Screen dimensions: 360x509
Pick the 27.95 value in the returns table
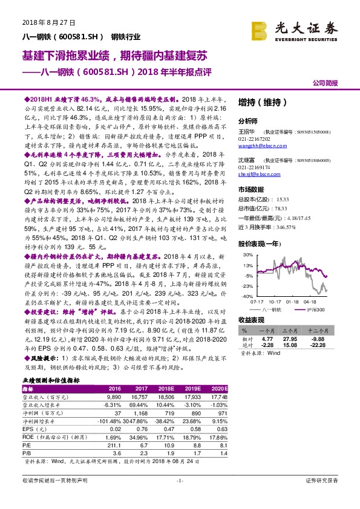pos(300,339)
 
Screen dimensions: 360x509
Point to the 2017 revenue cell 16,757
pos(140,395)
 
